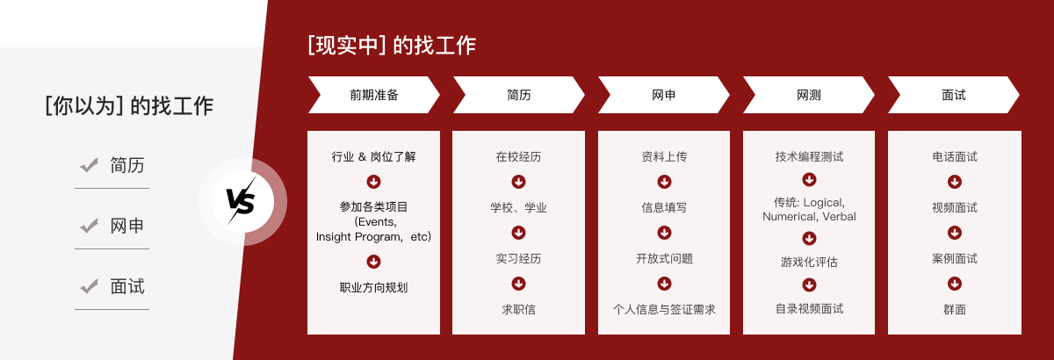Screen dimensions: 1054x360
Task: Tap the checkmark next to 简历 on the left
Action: (89, 165)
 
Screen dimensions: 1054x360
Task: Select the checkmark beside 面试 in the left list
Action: (89, 286)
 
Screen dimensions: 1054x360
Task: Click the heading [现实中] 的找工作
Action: (392, 46)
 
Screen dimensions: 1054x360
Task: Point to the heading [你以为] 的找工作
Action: (129, 105)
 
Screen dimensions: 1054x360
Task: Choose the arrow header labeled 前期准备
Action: (373, 95)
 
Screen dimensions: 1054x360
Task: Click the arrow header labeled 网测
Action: (808, 95)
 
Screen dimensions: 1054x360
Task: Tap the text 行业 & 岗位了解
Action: (373, 156)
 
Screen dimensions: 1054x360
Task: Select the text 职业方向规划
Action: (373, 287)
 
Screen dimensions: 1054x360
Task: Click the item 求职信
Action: (518, 309)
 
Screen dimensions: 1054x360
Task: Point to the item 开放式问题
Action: (664, 258)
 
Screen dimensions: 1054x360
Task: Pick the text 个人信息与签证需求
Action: (664, 309)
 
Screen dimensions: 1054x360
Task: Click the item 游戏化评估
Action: (809, 262)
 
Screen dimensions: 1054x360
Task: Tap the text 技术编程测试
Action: (809, 156)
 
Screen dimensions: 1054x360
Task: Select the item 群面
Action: (955, 309)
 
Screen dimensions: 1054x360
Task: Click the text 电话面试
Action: (955, 156)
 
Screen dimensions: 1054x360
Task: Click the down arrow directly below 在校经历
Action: (518, 182)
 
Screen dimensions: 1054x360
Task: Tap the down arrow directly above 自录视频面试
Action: (809, 284)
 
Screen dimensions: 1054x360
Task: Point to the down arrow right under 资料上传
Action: (664, 182)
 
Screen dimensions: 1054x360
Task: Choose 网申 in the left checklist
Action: (127, 226)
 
